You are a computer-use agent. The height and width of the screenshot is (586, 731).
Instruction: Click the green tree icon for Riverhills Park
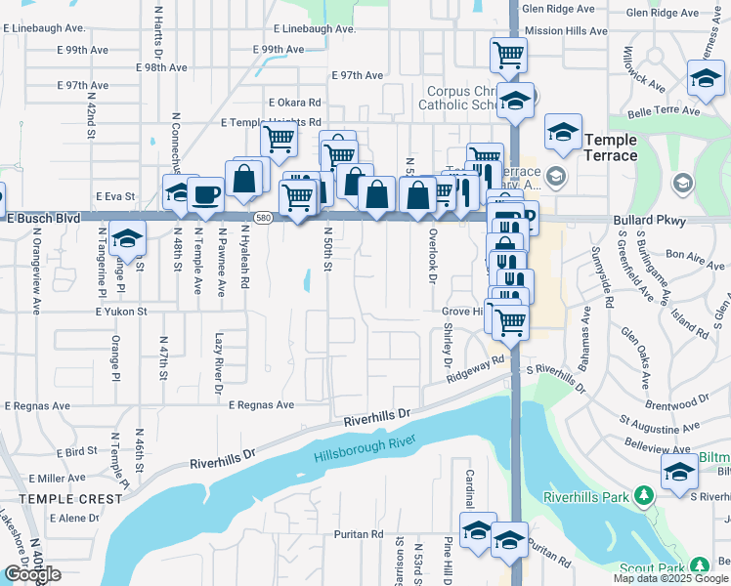(643, 497)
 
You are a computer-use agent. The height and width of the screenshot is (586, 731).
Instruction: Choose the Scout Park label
(654, 567)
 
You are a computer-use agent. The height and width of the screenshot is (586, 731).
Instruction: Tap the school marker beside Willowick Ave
(706, 79)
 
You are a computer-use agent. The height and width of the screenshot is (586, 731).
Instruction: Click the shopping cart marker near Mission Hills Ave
(508, 55)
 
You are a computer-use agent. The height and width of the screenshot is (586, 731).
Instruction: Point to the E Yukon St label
(120, 312)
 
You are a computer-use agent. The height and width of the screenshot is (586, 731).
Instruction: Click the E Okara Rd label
(294, 102)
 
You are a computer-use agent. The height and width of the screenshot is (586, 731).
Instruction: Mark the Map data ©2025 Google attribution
(669, 578)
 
